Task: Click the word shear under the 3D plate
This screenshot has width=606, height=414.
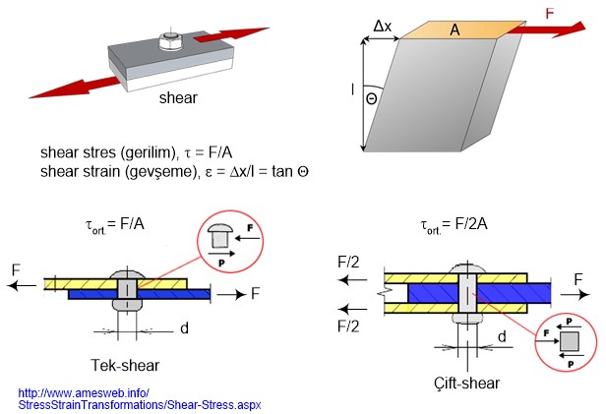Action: pos(177,99)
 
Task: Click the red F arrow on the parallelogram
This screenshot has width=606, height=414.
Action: pos(546,27)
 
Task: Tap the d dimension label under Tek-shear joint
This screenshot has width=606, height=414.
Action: pos(184,327)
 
